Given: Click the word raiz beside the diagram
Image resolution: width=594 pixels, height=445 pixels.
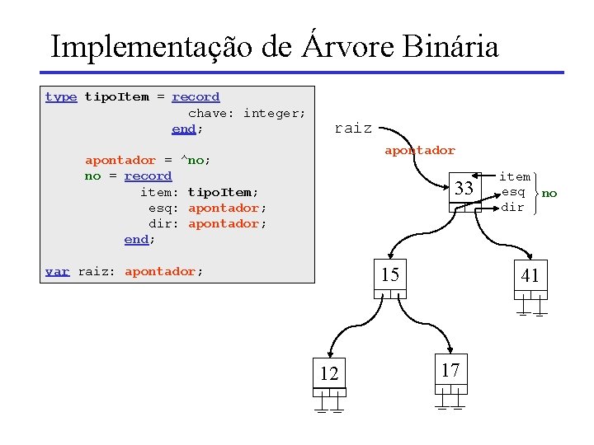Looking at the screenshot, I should coord(352,129).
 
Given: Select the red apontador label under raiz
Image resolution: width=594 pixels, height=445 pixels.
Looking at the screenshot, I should coord(419,150).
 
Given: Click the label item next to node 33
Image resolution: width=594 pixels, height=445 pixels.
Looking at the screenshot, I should coord(515,176).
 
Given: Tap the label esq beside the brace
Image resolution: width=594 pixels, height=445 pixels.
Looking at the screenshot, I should coord(513,192).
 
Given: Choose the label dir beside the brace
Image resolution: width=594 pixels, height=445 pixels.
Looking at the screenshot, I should coord(512,208).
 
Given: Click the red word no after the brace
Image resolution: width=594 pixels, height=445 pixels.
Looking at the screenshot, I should coord(549,193).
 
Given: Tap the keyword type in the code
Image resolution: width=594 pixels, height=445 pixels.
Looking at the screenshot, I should coord(61,97).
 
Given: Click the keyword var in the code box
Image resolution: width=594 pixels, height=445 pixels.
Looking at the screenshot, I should coord(57,271).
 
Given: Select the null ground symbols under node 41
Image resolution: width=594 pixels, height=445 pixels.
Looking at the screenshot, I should coord(531,311).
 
